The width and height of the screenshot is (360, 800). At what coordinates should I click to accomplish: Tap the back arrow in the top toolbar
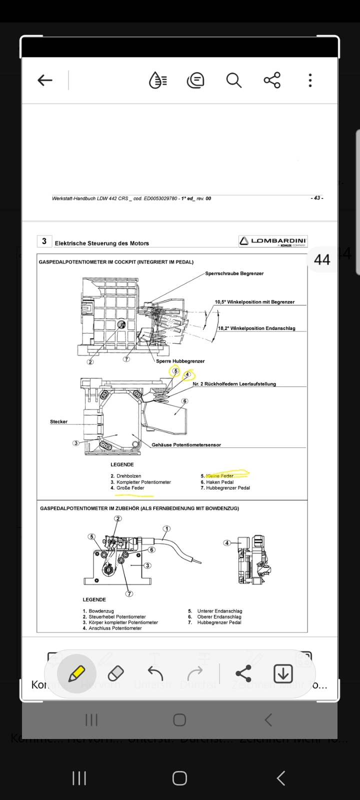click(45, 80)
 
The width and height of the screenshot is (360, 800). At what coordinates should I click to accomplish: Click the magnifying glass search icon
click(233, 80)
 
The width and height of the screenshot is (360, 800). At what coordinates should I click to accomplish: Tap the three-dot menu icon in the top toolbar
click(310, 80)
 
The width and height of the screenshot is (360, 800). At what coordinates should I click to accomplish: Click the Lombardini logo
click(273, 241)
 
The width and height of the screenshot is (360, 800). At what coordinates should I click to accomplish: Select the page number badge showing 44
click(321, 259)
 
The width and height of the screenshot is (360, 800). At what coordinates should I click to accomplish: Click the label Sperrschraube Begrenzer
click(234, 274)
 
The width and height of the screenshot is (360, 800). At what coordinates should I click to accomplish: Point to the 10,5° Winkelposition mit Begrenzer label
click(254, 302)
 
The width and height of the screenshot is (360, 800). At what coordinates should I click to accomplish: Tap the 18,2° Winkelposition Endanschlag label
click(256, 328)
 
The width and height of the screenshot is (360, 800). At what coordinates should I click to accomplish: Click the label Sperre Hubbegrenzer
click(180, 361)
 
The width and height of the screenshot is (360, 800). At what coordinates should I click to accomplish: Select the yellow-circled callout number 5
click(175, 371)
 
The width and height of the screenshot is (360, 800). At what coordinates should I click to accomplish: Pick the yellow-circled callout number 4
click(187, 374)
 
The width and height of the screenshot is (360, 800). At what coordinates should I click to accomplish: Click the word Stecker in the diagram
click(58, 422)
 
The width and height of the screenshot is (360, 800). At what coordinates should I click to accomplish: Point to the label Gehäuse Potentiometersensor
click(186, 445)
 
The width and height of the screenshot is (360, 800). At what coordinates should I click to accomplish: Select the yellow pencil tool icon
click(76, 673)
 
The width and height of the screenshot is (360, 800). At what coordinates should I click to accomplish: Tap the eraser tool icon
click(115, 673)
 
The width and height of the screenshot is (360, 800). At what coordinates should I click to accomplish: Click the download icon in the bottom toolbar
click(283, 673)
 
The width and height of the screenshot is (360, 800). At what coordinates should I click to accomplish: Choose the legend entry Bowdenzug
click(101, 611)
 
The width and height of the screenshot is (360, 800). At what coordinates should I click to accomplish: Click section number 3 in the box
click(44, 241)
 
